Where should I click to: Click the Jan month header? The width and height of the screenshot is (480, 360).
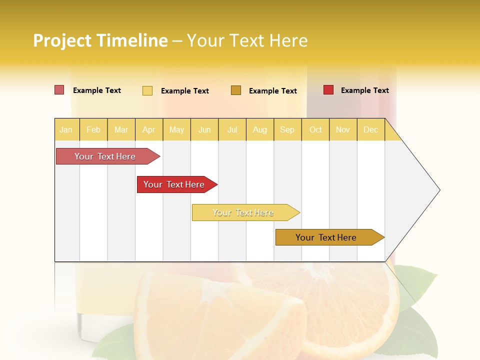pyautogui.click(x=66, y=129)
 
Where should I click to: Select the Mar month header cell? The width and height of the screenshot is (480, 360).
pyautogui.click(x=121, y=129)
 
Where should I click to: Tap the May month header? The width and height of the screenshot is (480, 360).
pyautogui.click(x=176, y=129)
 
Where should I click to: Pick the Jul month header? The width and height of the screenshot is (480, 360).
pyautogui.click(x=232, y=129)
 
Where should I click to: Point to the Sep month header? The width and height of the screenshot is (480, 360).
pyautogui.click(x=287, y=129)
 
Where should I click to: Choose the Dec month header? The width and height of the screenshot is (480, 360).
pyautogui.click(x=370, y=129)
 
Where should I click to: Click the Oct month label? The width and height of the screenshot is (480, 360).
pyautogui.click(x=315, y=129)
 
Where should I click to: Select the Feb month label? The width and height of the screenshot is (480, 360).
pyautogui.click(x=93, y=129)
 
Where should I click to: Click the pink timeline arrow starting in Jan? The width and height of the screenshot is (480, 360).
pyautogui.click(x=105, y=156)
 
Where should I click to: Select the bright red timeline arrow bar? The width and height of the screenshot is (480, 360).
pyautogui.click(x=174, y=184)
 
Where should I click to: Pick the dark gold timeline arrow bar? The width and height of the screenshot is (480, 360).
pyautogui.click(x=326, y=237)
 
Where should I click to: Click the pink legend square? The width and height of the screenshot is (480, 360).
pyautogui.click(x=59, y=90)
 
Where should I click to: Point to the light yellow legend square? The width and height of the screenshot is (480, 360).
pyautogui.click(x=147, y=90)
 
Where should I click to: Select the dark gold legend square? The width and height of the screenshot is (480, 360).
pyautogui.click(x=236, y=90)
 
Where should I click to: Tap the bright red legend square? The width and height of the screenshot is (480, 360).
pyautogui.click(x=328, y=90)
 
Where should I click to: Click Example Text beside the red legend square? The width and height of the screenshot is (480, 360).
pyautogui.click(x=364, y=90)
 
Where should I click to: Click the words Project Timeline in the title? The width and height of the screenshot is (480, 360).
pyautogui.click(x=100, y=40)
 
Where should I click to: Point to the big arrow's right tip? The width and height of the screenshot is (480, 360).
pyautogui.click(x=438, y=190)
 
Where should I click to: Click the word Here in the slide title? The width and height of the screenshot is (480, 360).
pyautogui.click(x=288, y=40)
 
